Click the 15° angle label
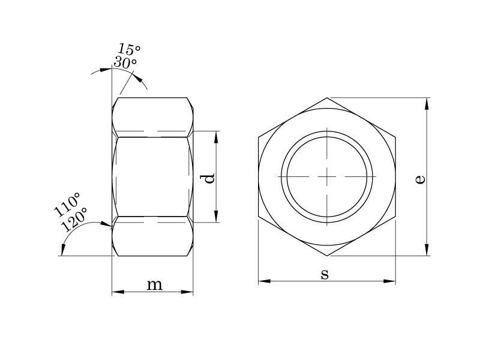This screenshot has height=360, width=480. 129,49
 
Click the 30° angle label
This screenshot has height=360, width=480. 125,62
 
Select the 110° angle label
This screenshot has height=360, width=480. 67,205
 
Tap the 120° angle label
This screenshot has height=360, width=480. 74,219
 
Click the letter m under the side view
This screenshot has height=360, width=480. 155,285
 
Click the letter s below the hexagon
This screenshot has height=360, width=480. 325,274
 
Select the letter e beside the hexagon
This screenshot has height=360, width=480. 421,179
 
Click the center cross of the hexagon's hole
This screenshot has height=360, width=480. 327,176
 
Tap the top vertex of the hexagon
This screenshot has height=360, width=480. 327,98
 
